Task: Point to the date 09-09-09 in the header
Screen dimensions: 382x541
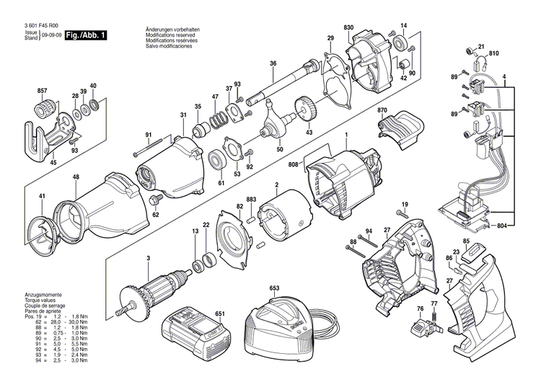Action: pyautogui.click(x=50, y=35)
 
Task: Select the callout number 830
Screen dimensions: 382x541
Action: pyautogui.click(x=349, y=27)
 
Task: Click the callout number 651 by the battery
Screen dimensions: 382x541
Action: pyautogui.click(x=220, y=314)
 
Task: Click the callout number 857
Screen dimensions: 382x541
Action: pyautogui.click(x=42, y=90)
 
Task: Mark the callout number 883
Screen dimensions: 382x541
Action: pyautogui.click(x=252, y=199)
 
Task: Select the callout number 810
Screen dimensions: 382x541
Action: pyautogui.click(x=493, y=54)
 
